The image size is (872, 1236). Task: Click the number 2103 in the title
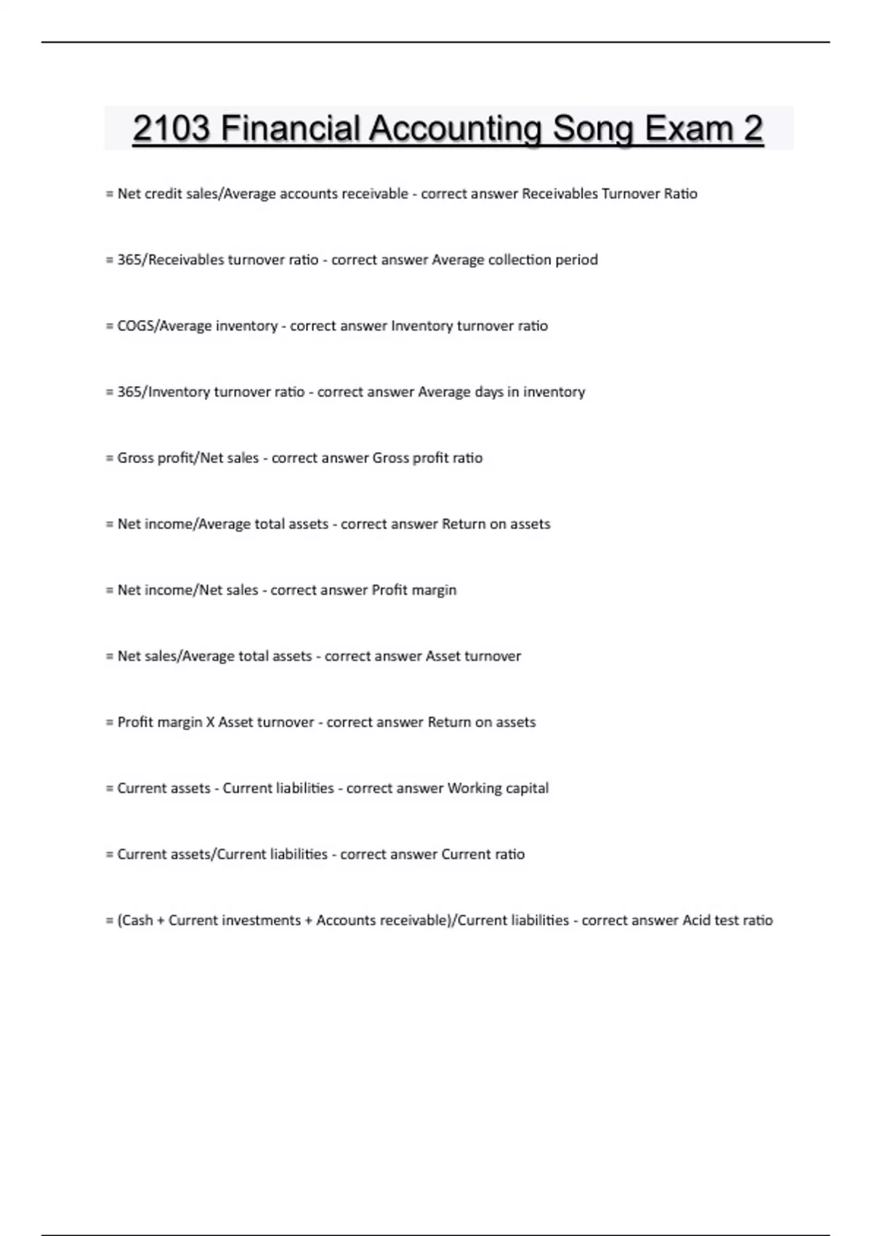coord(171,129)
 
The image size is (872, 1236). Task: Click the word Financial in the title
coord(290,129)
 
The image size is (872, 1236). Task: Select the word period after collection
coord(576,260)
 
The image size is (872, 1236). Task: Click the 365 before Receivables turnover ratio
coord(129,260)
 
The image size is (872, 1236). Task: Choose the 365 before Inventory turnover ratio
coord(129,392)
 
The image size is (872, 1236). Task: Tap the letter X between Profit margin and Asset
coord(211,722)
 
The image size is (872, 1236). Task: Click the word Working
coord(475,788)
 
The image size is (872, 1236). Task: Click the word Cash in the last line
coord(137,920)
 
